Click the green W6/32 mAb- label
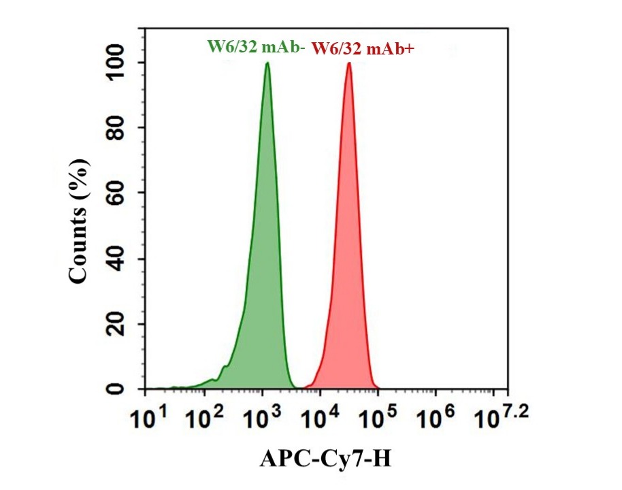coord(255,48)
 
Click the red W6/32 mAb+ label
coord(363,48)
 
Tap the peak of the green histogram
coord(267,63)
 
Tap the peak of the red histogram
coord(349,63)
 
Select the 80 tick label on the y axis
coord(122,128)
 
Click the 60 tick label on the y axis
coord(122,193)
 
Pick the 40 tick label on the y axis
coord(122,259)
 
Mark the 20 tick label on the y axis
coord(122,324)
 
